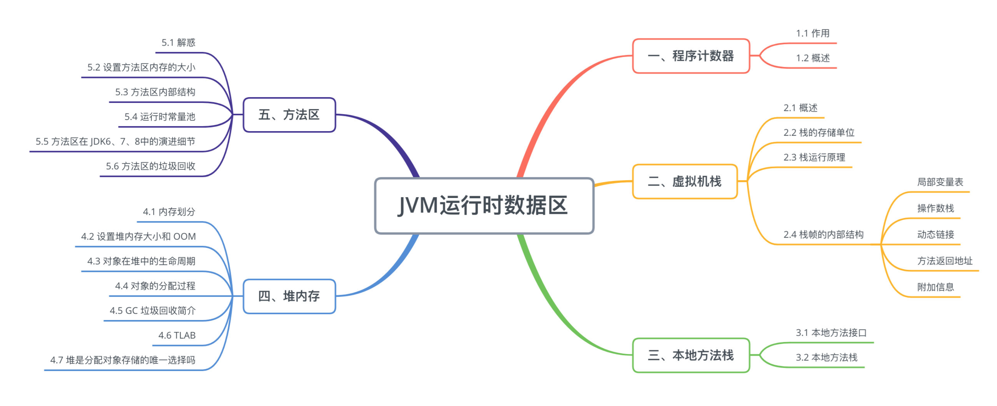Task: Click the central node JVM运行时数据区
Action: (484, 206)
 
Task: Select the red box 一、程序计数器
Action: (691, 56)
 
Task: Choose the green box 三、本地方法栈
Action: (691, 355)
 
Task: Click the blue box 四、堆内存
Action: (289, 296)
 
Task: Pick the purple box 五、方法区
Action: (289, 115)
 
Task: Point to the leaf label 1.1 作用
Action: (812, 33)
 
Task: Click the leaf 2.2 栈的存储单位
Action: (819, 132)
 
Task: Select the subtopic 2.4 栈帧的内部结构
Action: (823, 234)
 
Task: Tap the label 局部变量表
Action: (940, 182)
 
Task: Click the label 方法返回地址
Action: (944, 261)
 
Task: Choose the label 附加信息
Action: (935, 287)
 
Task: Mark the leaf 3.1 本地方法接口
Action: (831, 332)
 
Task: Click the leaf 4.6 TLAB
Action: (177, 335)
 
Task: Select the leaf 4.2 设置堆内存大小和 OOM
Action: (138, 237)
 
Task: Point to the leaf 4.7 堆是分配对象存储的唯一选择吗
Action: (123, 360)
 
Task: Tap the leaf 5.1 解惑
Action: (178, 43)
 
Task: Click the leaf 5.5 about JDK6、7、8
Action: (115, 142)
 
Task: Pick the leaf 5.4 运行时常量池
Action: (159, 117)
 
